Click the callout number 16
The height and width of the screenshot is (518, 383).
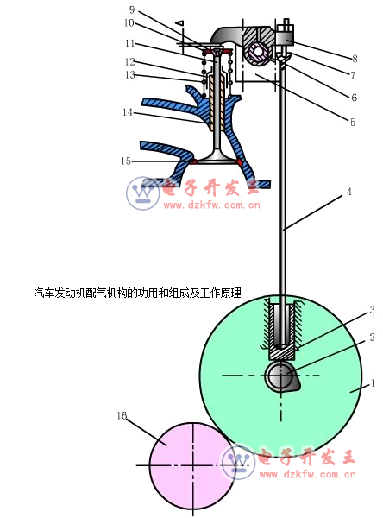tap(122, 415)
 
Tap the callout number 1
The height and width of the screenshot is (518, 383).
tap(373, 383)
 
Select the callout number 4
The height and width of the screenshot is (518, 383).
tap(349, 192)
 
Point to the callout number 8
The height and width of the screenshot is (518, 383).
tap(355, 59)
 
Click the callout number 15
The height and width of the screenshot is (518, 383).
tap(126, 161)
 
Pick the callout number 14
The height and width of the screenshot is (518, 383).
tap(128, 112)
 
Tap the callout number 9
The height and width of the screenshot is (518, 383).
tap(132, 9)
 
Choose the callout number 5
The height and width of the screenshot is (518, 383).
tap(353, 123)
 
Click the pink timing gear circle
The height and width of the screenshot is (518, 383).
tap(192, 465)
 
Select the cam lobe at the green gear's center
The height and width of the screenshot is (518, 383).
tap(281, 376)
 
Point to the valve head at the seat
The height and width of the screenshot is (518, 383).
tap(217, 159)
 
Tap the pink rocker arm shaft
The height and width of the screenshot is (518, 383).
tap(258, 53)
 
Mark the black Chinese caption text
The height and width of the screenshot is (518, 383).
tap(138, 293)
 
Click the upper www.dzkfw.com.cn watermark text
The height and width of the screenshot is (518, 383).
tap(211, 205)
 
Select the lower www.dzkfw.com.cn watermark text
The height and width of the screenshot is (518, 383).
tap(307, 475)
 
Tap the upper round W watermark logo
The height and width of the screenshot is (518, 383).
tap(143, 193)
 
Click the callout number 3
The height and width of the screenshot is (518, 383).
tap(372, 310)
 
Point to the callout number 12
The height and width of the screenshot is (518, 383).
tap(129, 62)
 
